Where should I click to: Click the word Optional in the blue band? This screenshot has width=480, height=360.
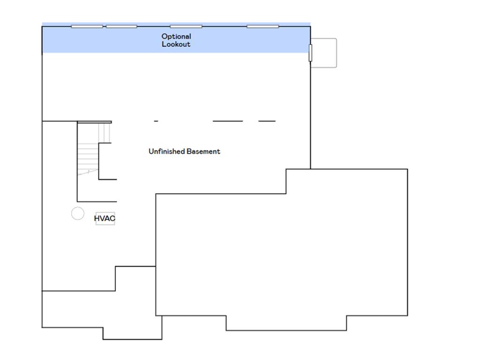click(176, 37)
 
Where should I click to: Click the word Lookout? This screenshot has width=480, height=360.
click(176, 44)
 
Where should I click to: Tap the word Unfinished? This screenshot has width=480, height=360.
click(166, 151)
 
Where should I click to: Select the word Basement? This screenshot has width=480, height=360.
click(203, 151)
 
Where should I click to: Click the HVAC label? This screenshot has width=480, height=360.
click(105, 218)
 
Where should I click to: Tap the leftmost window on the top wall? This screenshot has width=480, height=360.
click(87, 27)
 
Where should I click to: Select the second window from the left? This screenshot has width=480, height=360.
click(121, 27)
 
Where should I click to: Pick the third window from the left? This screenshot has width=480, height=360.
click(186, 27)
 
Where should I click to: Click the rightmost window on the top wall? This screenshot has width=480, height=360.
click(262, 27)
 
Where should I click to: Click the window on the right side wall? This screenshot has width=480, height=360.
click(310, 52)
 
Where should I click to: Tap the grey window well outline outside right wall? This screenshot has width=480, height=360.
click(337, 52)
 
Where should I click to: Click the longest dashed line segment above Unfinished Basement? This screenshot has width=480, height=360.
click(228, 121)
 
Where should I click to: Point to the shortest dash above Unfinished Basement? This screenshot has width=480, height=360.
click(156, 121)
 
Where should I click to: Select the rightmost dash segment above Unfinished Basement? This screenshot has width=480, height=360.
click(267, 121)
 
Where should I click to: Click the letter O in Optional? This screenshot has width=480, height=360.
click(165, 37)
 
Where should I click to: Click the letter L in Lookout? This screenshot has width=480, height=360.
click(164, 44)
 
